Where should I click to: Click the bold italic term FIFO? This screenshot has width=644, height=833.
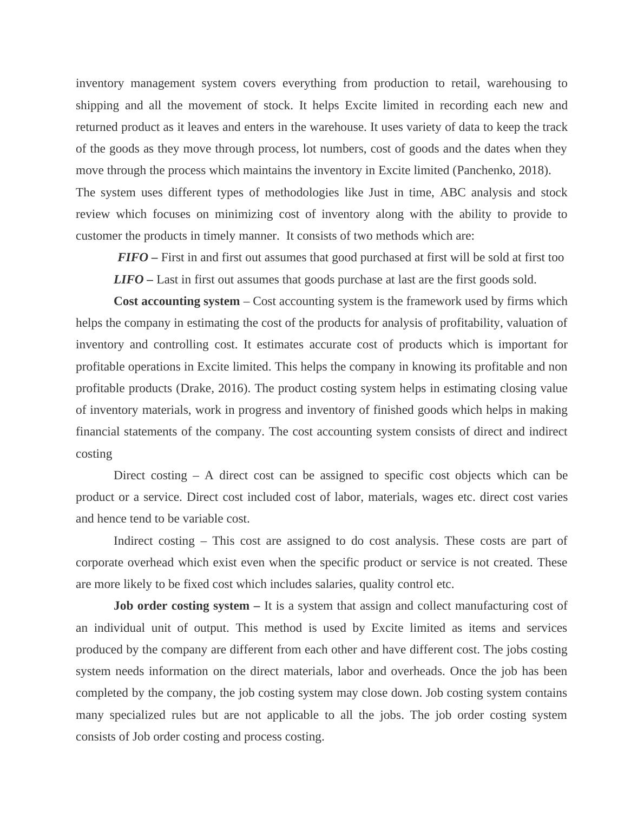coord(133,257)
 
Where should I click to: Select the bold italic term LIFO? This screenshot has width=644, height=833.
coord(128,280)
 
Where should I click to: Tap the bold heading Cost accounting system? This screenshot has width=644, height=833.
coord(176,301)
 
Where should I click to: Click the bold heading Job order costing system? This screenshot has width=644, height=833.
coord(182,606)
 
